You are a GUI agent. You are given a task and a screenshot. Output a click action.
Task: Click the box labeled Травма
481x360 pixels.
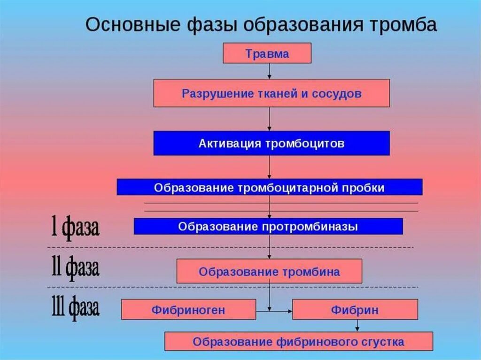point(266,53)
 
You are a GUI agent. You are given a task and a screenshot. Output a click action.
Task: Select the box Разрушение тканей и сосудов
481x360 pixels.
point(272,93)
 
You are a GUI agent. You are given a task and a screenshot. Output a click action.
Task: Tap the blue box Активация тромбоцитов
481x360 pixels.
point(272,143)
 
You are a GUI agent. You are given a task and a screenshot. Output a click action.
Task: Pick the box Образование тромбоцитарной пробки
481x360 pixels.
point(269,187)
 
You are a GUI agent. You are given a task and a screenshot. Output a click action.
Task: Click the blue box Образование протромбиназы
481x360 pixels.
point(268,226)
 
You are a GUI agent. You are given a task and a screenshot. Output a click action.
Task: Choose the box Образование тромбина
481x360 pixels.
point(269,271)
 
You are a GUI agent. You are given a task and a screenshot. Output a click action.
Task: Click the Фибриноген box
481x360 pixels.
point(188,310)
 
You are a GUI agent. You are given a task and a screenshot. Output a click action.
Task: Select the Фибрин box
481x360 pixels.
point(355,310)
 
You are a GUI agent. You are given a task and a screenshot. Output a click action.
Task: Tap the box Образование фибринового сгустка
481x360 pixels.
point(298,341)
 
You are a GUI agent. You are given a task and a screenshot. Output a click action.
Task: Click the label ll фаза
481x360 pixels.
point(75,268)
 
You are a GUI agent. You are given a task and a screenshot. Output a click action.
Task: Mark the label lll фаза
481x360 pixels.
point(75,308)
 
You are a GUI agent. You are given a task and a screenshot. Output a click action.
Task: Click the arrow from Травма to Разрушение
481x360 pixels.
point(269,71)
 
